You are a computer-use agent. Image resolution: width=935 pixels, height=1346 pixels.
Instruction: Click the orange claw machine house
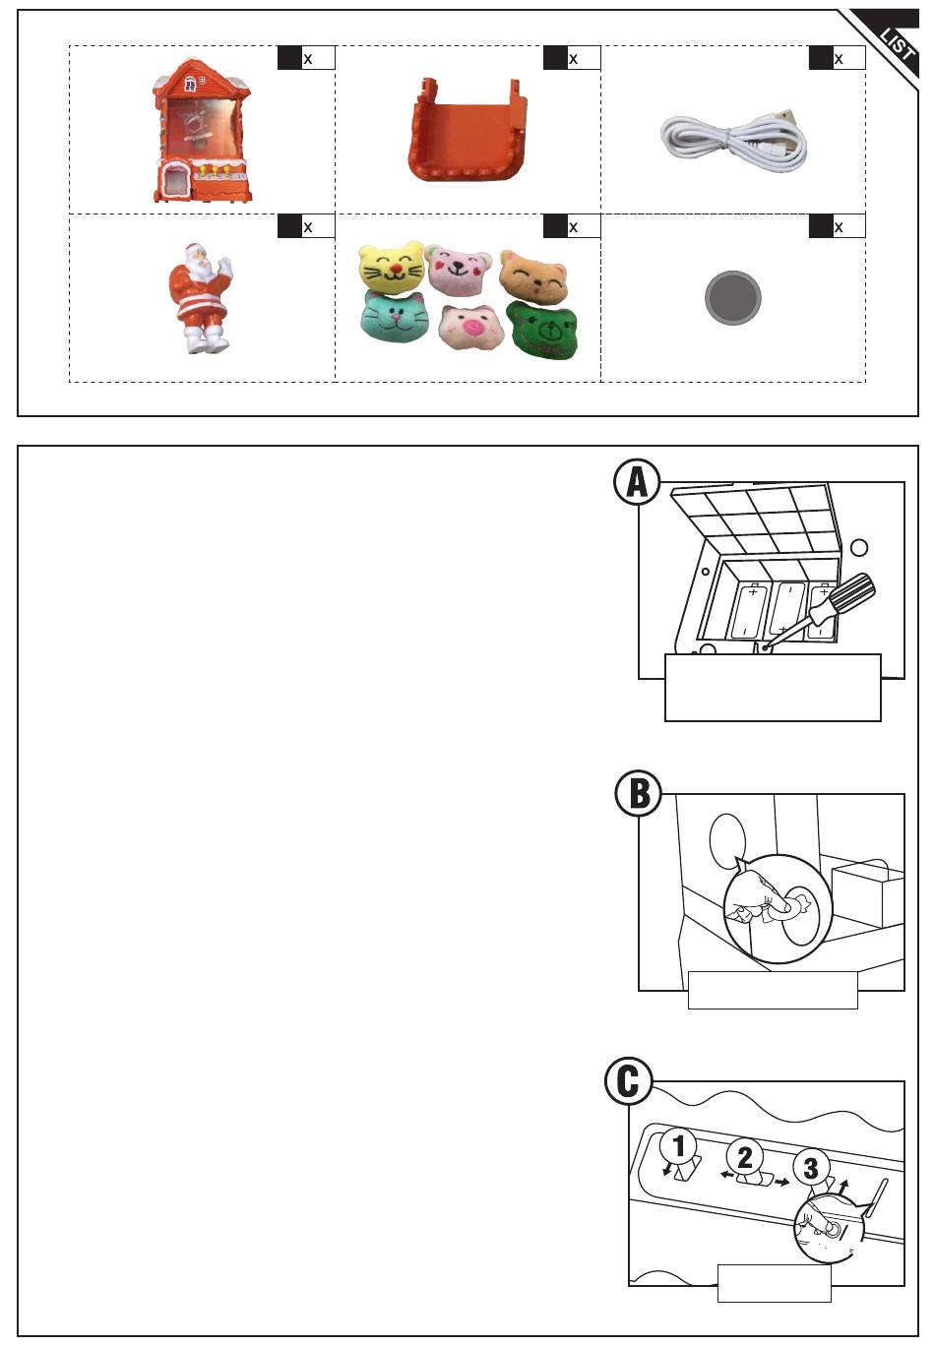pyautogui.click(x=202, y=131)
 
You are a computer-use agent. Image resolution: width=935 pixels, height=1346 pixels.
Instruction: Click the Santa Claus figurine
pyautogui.click(x=200, y=298)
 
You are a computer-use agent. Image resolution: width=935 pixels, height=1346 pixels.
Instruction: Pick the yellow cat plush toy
pyautogui.click(x=391, y=268)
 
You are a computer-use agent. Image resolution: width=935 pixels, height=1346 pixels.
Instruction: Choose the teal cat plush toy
pyautogui.click(x=395, y=316)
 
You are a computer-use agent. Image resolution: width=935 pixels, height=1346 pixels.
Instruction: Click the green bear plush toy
pyautogui.click(x=542, y=330)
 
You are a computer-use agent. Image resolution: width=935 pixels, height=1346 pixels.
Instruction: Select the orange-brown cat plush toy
pyautogui.click(x=533, y=277)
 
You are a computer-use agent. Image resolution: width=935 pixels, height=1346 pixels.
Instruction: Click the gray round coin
pyautogui.click(x=732, y=297)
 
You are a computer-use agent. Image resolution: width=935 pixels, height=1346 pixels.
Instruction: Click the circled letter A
pyautogui.click(x=638, y=482)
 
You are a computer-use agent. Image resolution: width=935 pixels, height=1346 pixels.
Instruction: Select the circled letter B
pyautogui.click(x=639, y=793)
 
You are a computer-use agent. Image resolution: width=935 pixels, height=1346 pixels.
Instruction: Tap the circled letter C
pyautogui.click(x=629, y=1081)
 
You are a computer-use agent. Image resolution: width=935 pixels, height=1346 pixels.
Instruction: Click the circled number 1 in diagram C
pyautogui.click(x=678, y=1146)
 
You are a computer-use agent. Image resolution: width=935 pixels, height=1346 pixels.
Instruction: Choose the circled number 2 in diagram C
pyautogui.click(x=745, y=1157)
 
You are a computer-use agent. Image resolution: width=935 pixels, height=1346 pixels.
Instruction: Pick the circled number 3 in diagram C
pyautogui.click(x=811, y=1168)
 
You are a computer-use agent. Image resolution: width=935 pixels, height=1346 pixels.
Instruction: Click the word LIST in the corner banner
pyautogui.click(x=898, y=44)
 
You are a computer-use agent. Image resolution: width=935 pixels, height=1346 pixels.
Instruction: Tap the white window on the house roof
pyautogui.click(x=191, y=83)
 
